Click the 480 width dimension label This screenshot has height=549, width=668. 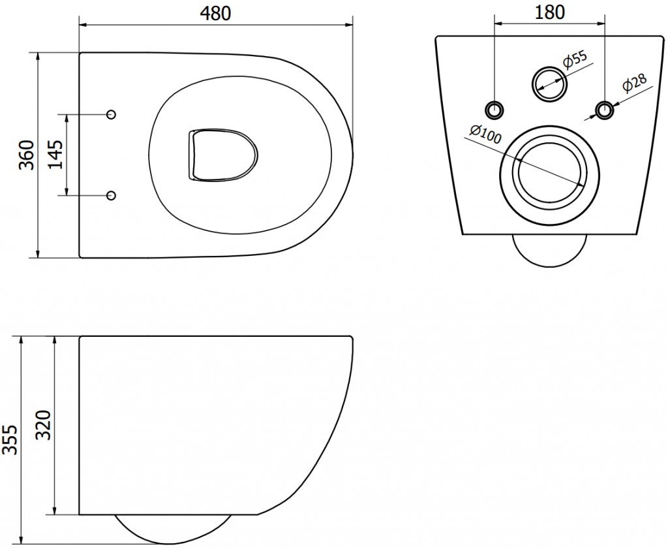pos(215,13)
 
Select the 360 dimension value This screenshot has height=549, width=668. pos(26,154)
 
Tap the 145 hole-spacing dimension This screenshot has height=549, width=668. pos(55,154)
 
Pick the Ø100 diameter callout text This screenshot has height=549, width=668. pos(485,134)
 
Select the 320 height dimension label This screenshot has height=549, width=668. pos(43,425)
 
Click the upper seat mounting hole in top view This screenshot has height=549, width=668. pos(111,114)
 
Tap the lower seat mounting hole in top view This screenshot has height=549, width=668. pos(111,195)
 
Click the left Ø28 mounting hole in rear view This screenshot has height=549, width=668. pos(494,110)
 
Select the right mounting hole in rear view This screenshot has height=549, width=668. pos(605,110)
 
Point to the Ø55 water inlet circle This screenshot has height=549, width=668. pos(549,84)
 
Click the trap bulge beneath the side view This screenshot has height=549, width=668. pos(174,530)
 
